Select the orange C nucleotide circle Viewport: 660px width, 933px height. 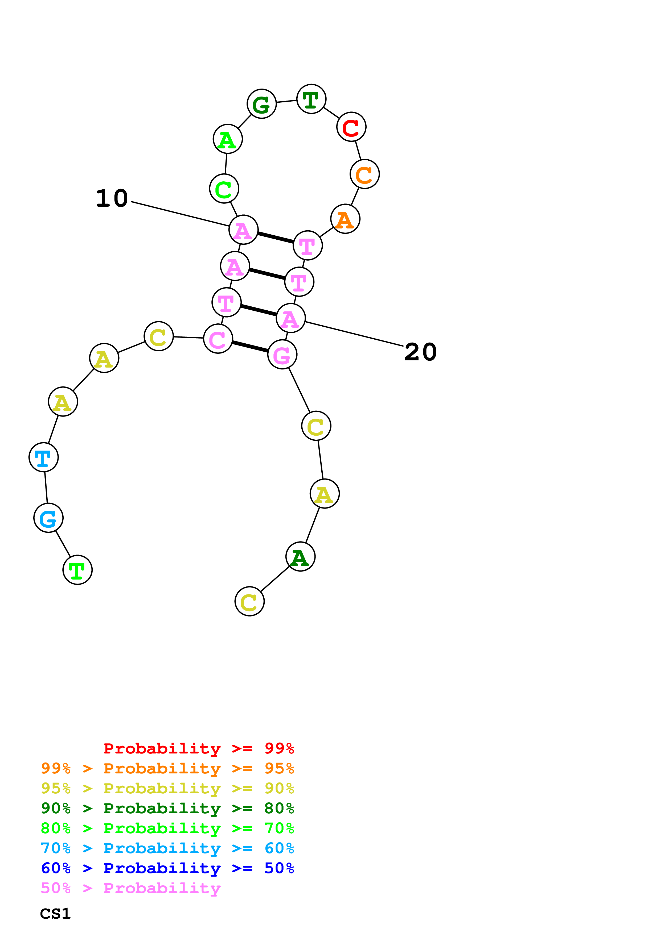pos(364,174)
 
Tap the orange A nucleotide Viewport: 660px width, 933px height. pos(345,219)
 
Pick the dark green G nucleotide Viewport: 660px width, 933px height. pos(261,104)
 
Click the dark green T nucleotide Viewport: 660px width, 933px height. pos(311,99)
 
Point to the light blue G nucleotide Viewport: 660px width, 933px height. pos(48,518)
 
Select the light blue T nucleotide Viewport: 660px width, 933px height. pos(43,457)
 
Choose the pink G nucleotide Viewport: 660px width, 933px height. pos(282,354)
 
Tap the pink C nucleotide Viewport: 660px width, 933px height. pos(218,339)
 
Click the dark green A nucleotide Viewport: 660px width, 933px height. pos(300,556)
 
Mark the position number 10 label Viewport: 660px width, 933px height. pos(112,198)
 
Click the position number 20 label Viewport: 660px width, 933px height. pos(420,352)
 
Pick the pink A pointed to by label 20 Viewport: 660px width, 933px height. pos(291,318)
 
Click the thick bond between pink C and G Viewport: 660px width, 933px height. pos(250,347)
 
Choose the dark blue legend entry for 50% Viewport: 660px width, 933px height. pos(167,868)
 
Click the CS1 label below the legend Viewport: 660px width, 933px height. pos(55,914)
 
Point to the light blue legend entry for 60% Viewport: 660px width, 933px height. pos(167,848)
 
